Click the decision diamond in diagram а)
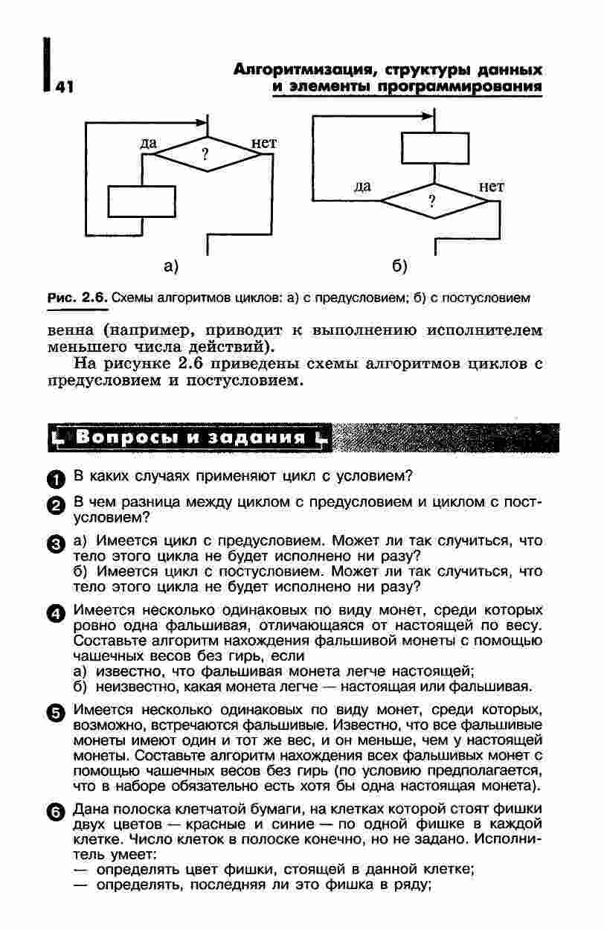204,155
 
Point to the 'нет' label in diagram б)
491,187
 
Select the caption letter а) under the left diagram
172,266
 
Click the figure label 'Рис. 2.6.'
78,298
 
